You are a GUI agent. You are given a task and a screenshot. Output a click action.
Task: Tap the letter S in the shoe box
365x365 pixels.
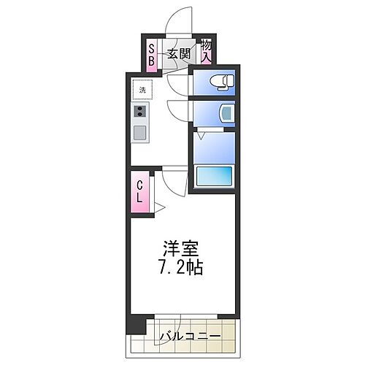152,49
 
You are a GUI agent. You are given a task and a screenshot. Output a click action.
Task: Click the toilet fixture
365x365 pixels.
220,81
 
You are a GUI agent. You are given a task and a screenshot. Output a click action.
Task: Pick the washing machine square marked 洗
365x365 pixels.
140,90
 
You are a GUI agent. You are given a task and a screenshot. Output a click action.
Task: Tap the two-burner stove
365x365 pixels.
139,112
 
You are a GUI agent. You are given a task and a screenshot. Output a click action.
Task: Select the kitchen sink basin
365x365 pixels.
139,132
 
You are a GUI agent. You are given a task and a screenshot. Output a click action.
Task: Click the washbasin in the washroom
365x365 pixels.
225,112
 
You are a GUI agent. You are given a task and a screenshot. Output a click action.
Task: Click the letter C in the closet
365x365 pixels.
139,185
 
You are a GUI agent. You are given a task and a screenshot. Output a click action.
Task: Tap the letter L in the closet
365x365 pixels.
139,197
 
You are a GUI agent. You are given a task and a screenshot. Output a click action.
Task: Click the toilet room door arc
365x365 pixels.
177,84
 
